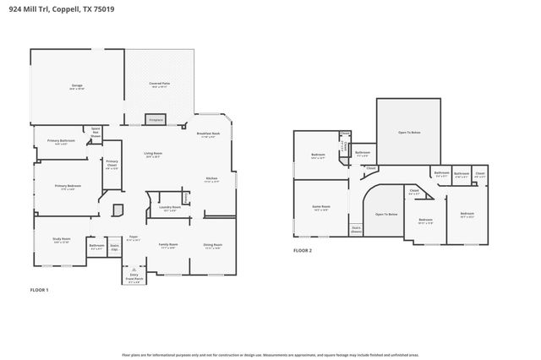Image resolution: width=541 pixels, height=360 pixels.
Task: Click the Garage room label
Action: coord(77,86)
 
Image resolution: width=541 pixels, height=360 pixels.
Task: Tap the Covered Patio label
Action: coord(160,85)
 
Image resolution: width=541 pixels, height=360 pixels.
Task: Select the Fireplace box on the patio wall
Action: coord(156,121)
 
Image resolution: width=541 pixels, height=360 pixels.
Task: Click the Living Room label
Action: coord(153,155)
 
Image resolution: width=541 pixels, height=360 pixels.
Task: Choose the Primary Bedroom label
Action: coord(68,187)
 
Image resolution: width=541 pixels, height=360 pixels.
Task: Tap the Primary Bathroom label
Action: coord(61,142)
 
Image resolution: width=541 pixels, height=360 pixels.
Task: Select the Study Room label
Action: coord(61,241)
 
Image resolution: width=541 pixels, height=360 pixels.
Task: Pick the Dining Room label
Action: coord(212,246)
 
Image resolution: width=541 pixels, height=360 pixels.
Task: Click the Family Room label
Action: coord(168,246)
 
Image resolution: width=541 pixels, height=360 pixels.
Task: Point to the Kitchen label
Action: coord(211,179)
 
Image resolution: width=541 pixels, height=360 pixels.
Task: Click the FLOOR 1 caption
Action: coord(39,290)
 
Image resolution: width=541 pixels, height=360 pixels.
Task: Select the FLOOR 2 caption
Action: coord(303,251)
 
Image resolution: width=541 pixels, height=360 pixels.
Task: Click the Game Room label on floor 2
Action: coord(321,208)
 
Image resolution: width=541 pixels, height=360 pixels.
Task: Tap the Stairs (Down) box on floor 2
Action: coord(356,228)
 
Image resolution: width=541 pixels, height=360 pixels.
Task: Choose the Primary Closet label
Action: coord(112,166)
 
